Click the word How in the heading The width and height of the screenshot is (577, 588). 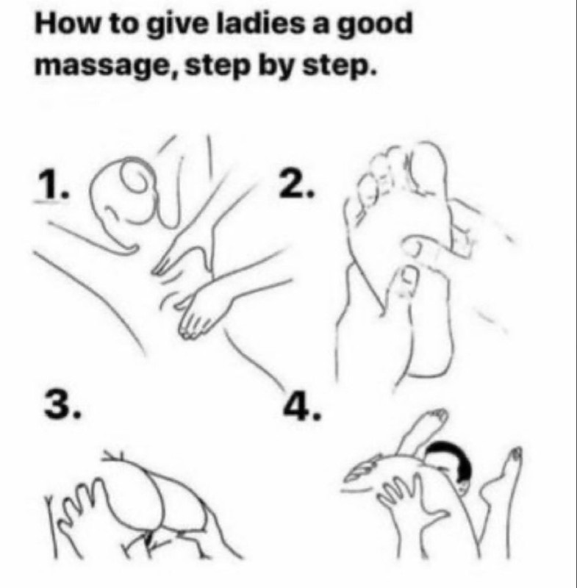click(x=68, y=24)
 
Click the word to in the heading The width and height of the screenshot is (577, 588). click(x=123, y=24)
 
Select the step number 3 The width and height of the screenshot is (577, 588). click(x=61, y=403)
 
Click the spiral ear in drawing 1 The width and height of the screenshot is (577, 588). click(x=136, y=179)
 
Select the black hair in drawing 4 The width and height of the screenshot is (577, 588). click(x=450, y=458)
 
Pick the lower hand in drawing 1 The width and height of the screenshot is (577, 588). click(x=210, y=307)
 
